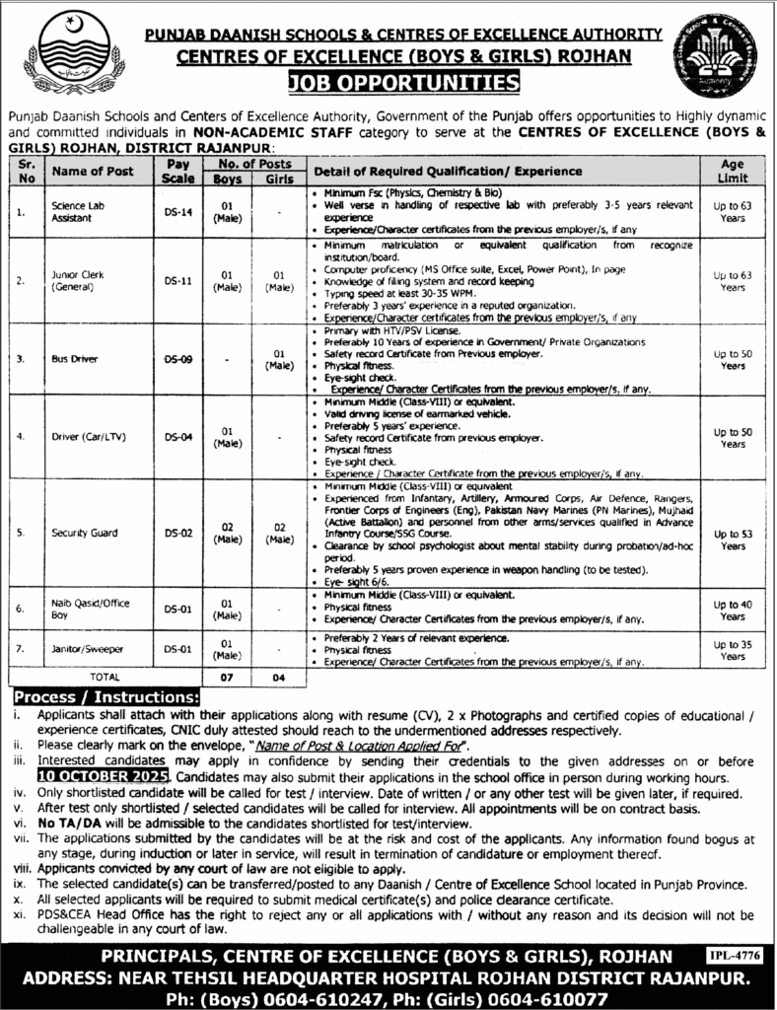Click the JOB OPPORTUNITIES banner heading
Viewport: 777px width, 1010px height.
[388, 81]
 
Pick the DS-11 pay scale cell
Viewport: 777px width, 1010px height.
[177, 279]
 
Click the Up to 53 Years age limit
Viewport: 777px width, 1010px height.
[732, 539]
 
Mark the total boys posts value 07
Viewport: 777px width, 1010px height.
[226, 678]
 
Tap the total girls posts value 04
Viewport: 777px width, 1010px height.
[278, 678]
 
